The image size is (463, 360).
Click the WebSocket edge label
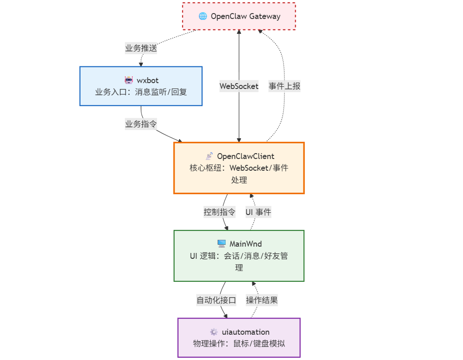coord(239,86)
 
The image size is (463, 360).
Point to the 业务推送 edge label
coord(141,48)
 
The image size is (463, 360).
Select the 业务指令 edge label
coord(141,124)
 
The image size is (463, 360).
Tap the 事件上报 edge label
coord(284,86)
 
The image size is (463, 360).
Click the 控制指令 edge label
coord(219,212)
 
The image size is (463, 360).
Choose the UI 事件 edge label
coord(258,212)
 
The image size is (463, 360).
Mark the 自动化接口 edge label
coord(216,300)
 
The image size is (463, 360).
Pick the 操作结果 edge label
coord(262,300)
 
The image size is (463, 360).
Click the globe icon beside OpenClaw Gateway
coord(203,16)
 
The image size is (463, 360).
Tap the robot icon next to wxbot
coord(128,81)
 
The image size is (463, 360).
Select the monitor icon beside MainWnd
coord(221,244)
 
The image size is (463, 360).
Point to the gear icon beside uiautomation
coord(213,332)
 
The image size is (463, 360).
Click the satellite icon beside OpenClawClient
coord(209,156)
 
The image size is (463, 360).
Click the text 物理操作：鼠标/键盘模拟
coord(239,343)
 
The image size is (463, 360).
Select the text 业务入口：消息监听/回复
coord(141,92)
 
